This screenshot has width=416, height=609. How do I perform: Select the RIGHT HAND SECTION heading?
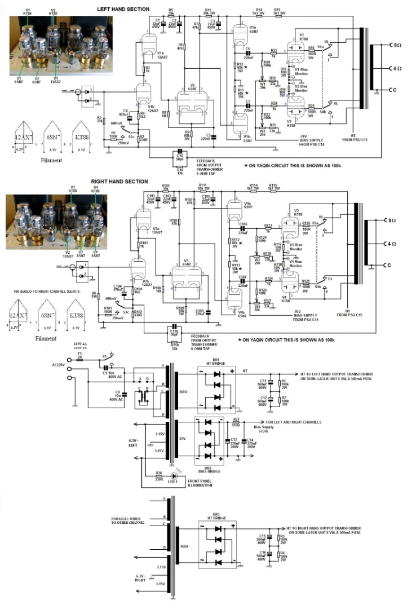pyautogui.click(x=119, y=182)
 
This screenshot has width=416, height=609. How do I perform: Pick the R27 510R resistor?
pyautogui.click(x=236, y=423)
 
